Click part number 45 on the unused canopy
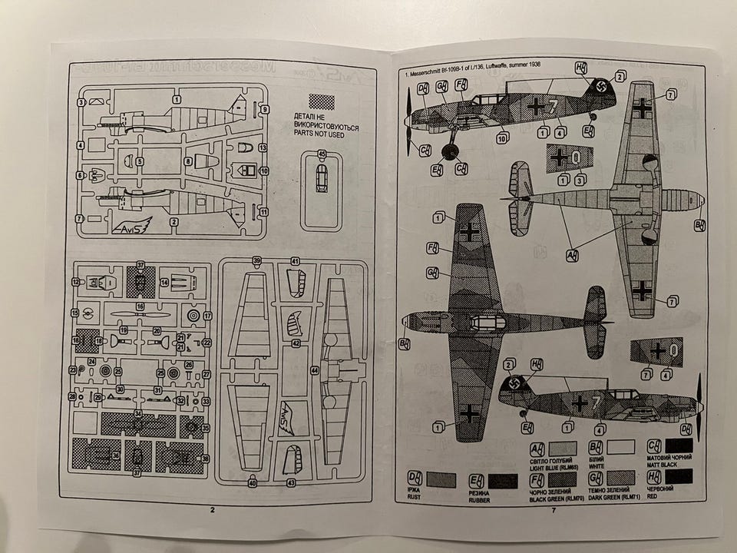322,155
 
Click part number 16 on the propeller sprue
140,306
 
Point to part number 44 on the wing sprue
314,370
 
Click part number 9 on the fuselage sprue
264,109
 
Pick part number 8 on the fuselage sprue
187,161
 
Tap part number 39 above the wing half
256,261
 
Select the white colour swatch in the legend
620,446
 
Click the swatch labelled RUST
440,480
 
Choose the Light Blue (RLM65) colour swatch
562,446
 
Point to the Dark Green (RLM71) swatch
620,479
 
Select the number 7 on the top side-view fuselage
551,106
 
